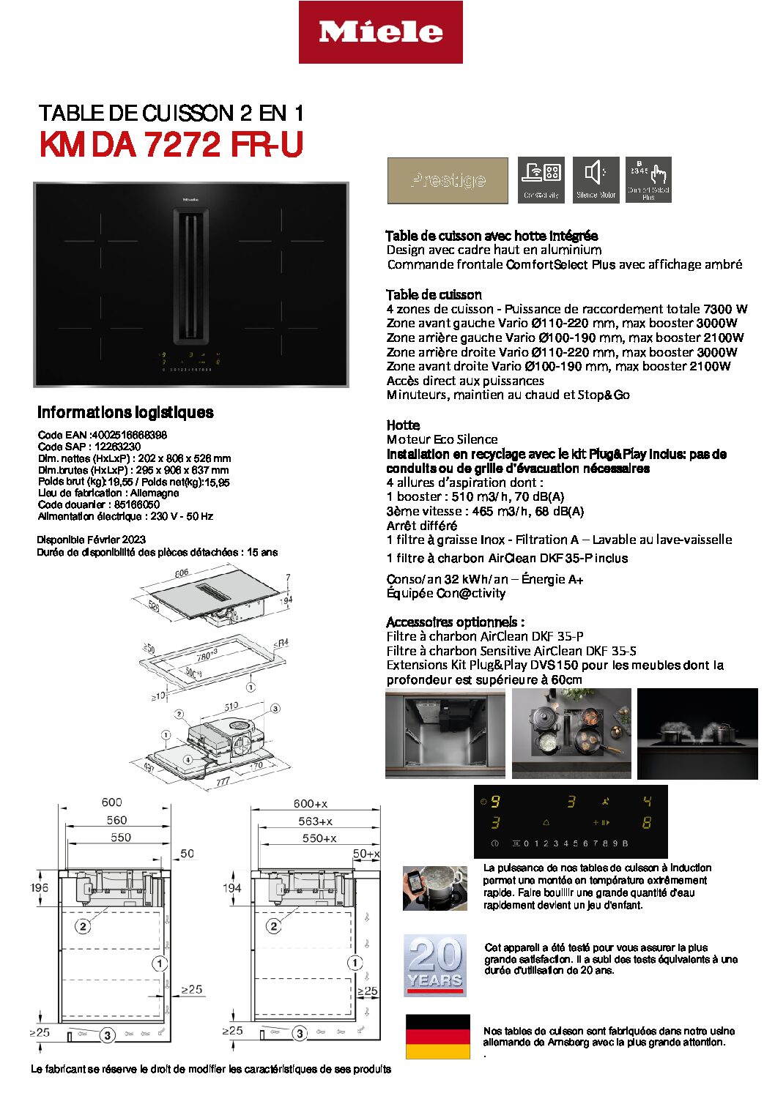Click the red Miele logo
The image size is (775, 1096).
coord(380,32)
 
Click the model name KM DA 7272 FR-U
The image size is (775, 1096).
coord(171,144)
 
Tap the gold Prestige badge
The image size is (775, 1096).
coord(448,180)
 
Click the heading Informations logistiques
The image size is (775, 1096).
coord(125,412)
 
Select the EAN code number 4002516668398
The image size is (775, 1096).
coord(130,435)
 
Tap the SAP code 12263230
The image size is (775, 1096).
coord(117,447)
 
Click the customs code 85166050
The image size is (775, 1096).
coord(137,504)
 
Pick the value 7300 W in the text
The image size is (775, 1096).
coord(725,309)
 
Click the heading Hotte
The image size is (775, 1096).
coord(403,425)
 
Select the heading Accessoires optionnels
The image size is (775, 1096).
coord(455,622)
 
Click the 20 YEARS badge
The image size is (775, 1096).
coord(435,965)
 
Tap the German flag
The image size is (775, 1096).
coord(437,1036)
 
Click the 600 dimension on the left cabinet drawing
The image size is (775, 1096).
coord(112,802)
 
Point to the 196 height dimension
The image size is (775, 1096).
coord(40,887)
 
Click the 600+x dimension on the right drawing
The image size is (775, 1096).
coord(310,804)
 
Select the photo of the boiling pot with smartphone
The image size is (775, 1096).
coord(435,888)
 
